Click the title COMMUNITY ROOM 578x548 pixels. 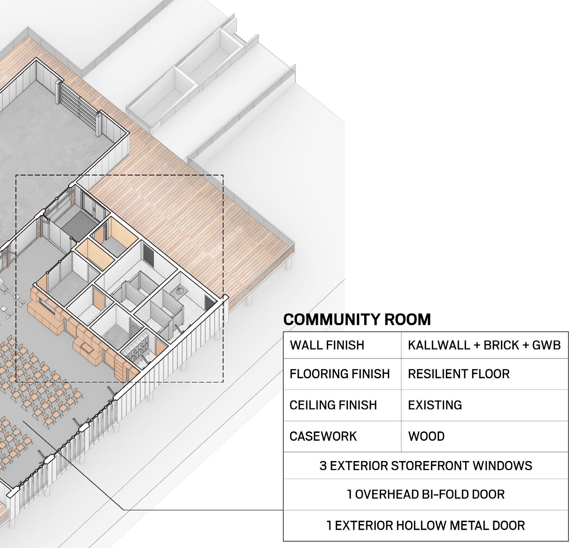pos(357,319)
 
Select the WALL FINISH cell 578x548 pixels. pos(327,345)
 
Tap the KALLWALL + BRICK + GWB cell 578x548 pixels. pos(484,345)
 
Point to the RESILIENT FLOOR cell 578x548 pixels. pos(459,374)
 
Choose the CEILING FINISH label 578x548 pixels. pos(333,405)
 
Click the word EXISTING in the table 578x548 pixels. pos(435,405)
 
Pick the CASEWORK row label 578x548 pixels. pos(323,436)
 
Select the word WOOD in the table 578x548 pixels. pos(426,436)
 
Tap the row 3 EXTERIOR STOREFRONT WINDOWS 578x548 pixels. pos(426,466)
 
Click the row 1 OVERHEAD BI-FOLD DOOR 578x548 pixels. pos(426,494)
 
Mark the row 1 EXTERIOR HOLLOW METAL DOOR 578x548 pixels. pos(426,526)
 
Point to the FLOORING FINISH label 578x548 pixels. pos(340,374)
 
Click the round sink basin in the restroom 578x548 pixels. pos(180,291)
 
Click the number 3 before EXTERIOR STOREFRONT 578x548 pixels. pos(323,466)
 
